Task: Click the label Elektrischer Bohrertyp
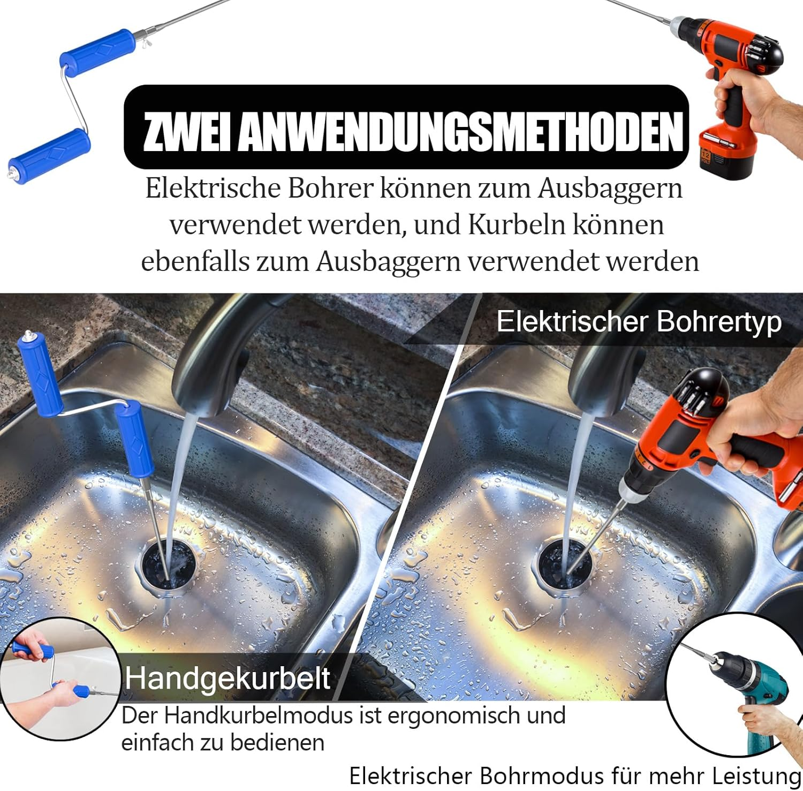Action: point(639,321)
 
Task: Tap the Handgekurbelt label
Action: point(228,678)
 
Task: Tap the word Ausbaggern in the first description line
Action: point(610,189)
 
